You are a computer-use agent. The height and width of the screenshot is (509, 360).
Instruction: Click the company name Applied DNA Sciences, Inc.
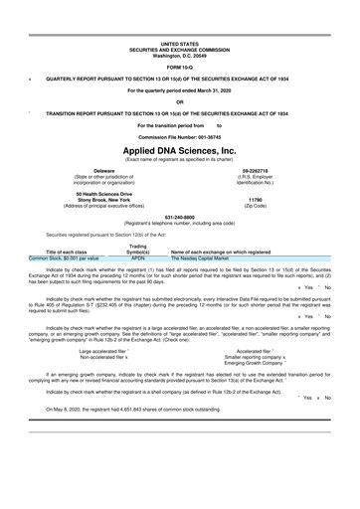pyautogui.click(x=179, y=149)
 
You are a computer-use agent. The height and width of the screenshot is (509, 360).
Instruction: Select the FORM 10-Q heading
pyautogui.click(x=179, y=66)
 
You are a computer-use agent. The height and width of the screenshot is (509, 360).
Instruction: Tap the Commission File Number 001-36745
pyautogui.click(x=179, y=135)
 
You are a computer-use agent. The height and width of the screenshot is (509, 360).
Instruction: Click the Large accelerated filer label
pyautogui.click(x=102, y=351)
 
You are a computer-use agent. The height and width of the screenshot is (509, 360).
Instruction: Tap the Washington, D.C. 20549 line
pyautogui.click(x=179, y=55)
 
